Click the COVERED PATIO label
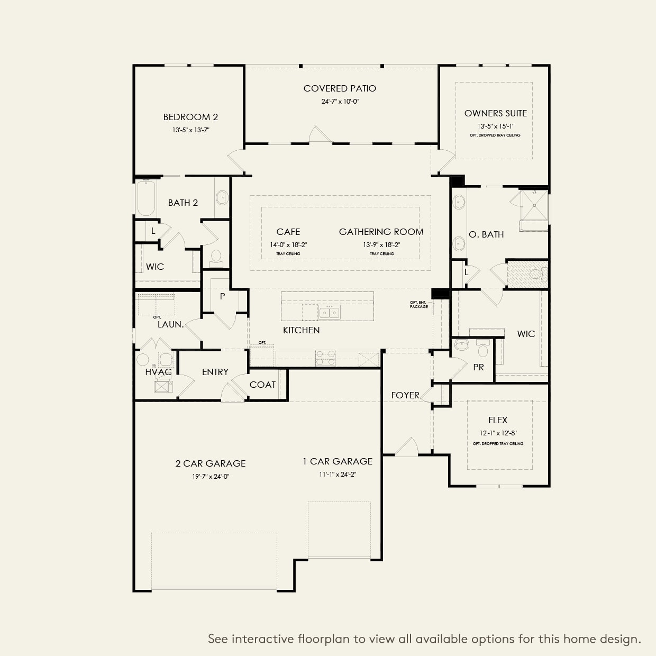[340, 88]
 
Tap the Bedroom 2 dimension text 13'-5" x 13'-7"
[190, 130]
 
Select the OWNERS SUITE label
[495, 113]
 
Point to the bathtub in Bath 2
[146, 198]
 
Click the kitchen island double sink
[329, 313]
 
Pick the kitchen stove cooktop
[325, 358]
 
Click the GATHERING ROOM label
[381, 232]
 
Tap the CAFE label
[288, 232]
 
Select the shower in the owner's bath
[533, 204]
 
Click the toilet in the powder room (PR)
[482, 350]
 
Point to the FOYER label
[405, 395]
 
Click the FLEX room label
[497, 420]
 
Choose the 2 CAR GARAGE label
[211, 463]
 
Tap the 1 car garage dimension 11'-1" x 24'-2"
[337, 475]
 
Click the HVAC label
[158, 372]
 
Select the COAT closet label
[262, 385]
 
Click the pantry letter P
[222, 296]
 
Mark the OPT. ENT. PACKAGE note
[418, 305]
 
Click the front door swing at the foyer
[406, 448]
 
